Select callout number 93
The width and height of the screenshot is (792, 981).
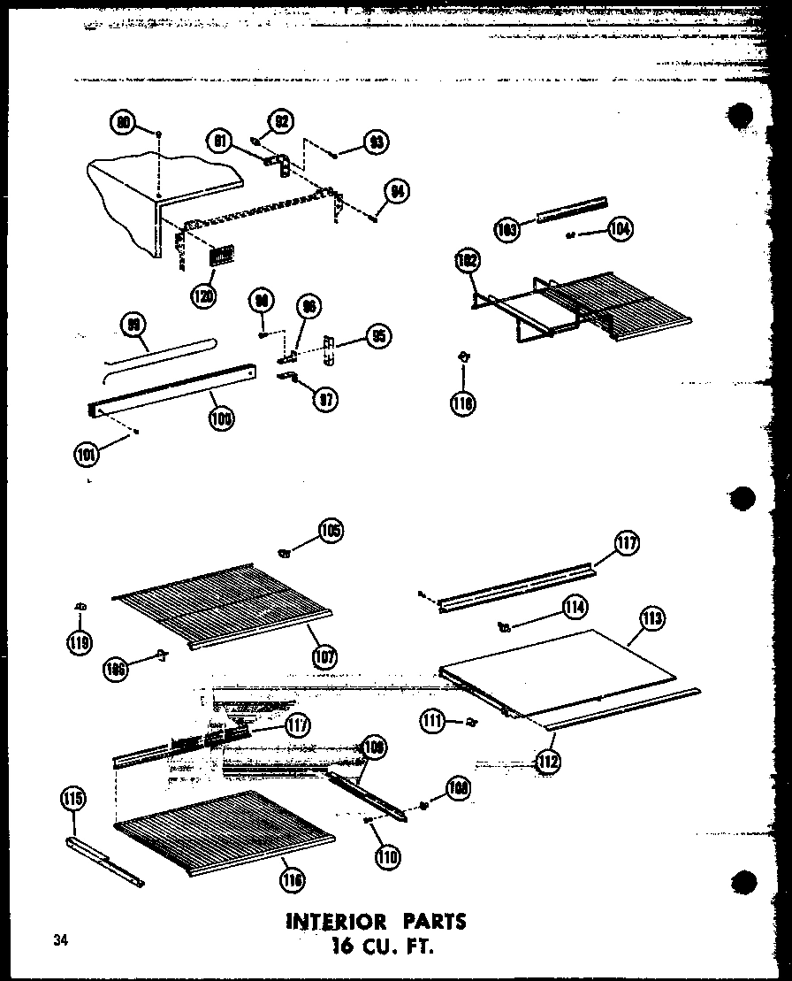(377, 142)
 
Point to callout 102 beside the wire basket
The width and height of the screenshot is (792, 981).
(467, 263)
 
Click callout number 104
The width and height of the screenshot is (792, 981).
(621, 229)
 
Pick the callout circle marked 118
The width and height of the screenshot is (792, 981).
(462, 404)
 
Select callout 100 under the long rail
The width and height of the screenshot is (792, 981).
(222, 419)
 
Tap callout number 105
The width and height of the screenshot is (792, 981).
(331, 532)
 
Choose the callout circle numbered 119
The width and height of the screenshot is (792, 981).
(80, 644)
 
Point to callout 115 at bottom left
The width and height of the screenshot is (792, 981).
(74, 800)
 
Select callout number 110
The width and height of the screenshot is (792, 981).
(386, 855)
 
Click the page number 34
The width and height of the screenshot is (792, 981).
(59, 939)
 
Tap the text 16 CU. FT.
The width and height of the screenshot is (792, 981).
(382, 947)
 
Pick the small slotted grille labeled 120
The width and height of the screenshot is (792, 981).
(222, 256)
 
